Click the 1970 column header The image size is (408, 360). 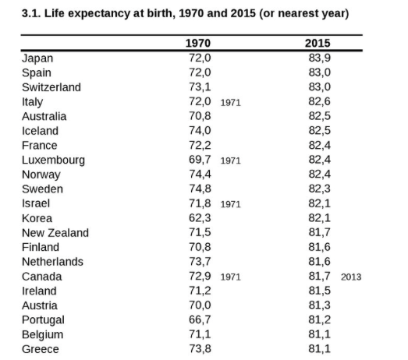(197, 43)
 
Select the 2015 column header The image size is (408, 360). (318, 43)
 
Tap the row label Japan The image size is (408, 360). (37, 58)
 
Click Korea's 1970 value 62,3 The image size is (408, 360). (200, 218)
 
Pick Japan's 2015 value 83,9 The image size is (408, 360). (320, 58)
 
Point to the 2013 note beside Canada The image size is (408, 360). (351, 277)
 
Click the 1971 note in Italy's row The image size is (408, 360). (231, 103)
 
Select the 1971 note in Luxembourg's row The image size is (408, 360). (231, 161)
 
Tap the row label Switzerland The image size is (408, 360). (51, 87)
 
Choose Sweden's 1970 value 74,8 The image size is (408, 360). (200, 189)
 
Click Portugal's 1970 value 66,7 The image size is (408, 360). (200, 319)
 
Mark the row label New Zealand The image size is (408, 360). (55, 233)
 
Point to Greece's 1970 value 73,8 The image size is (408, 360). (200, 348)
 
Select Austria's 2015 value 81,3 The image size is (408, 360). (320, 305)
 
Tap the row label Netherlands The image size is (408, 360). (52, 262)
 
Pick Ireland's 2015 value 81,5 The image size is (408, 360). (320, 291)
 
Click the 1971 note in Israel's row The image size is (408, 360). (231, 204)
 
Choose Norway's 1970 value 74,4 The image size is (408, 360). (200, 174)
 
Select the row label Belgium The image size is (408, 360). (42, 335)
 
